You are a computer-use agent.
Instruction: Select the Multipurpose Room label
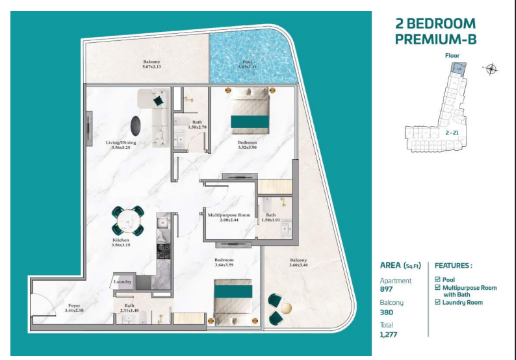click(225, 214)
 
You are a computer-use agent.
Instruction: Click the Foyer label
click(75, 305)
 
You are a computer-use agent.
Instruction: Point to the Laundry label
click(123, 282)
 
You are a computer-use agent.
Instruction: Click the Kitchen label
click(122, 240)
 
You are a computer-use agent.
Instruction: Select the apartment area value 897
click(387, 289)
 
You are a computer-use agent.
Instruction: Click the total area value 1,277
click(389, 335)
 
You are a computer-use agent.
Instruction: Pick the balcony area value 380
click(387, 313)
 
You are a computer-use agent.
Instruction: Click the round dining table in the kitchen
click(127, 220)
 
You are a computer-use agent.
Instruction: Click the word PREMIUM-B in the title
click(435, 39)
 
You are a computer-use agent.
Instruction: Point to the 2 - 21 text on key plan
click(453, 133)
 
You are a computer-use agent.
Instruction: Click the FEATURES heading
click(453, 266)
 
